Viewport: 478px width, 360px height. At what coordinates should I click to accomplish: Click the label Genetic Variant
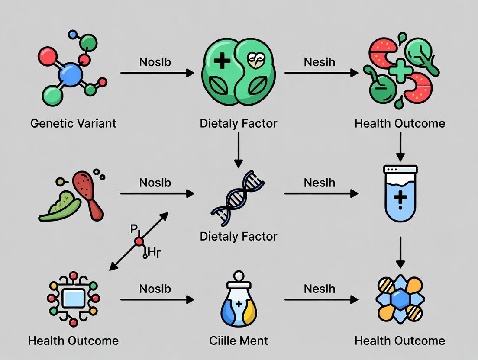click(x=73, y=123)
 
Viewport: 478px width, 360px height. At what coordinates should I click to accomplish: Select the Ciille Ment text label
click(x=239, y=340)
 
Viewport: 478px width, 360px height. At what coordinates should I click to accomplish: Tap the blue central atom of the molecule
click(x=70, y=76)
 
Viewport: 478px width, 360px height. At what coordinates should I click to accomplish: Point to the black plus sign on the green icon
click(x=222, y=61)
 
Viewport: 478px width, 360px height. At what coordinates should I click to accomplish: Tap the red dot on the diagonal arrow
click(x=139, y=242)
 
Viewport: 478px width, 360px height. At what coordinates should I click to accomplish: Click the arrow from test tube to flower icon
click(x=400, y=252)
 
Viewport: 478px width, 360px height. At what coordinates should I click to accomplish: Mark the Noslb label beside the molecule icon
click(x=155, y=62)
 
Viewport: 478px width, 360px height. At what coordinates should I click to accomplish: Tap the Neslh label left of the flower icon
click(x=319, y=289)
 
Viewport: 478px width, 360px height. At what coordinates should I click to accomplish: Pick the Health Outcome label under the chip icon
click(x=73, y=340)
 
